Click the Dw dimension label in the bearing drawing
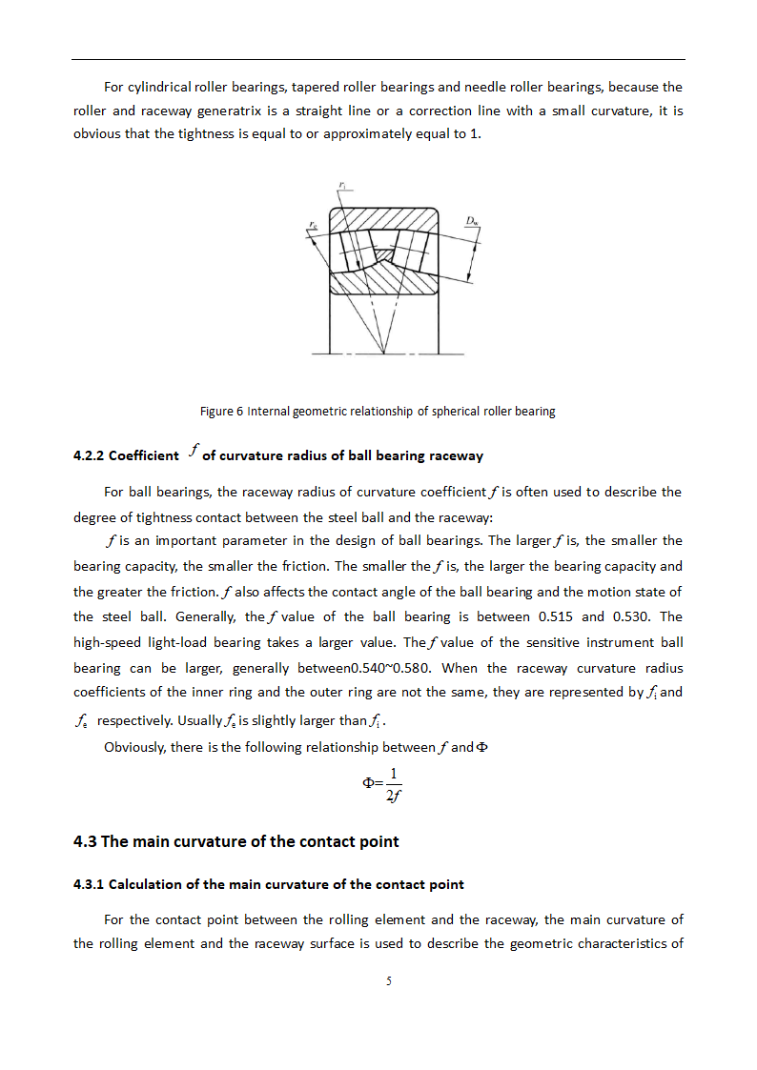472,221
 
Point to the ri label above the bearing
342,184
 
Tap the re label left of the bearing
313,225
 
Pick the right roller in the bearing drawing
415,251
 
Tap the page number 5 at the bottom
389,981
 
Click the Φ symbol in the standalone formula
368,782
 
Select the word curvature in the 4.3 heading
237,841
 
